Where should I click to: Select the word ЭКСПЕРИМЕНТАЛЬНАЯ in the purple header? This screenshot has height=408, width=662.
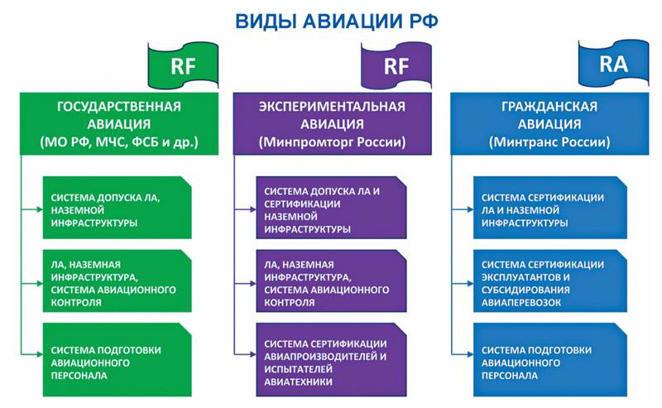click(x=332, y=107)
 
